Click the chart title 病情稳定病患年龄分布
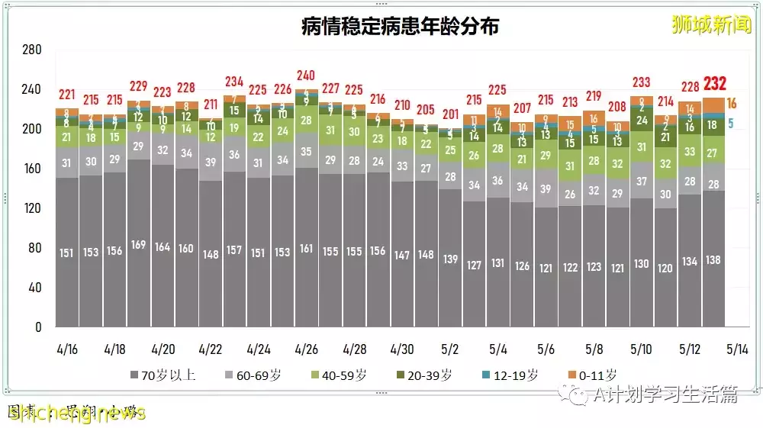[x=401, y=27]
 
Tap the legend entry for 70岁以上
[x=162, y=375]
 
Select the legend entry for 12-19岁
[x=515, y=375]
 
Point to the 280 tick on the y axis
[x=31, y=50]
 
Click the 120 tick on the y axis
[x=31, y=208]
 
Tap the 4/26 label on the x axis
[x=306, y=349]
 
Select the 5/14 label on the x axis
[x=736, y=349]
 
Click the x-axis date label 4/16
[x=67, y=349]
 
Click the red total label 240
[x=306, y=76]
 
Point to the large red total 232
[x=716, y=83]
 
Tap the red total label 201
[x=450, y=114]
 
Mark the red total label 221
[x=67, y=95]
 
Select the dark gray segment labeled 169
[x=139, y=245]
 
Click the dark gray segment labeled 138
[x=713, y=260]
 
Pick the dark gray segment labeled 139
[x=450, y=259]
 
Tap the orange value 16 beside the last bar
[x=731, y=104]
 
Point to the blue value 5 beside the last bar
[x=730, y=124]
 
